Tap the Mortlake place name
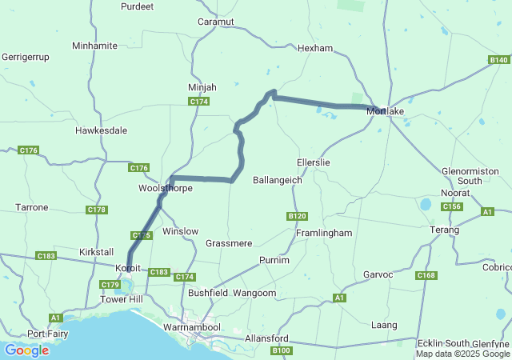(x=385, y=111)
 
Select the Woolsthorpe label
(x=166, y=188)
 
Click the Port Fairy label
(x=46, y=334)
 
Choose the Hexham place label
(x=314, y=48)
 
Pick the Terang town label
(x=445, y=230)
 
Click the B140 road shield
(x=498, y=60)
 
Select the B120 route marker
(x=297, y=216)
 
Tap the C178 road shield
(x=96, y=210)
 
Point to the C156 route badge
(x=452, y=206)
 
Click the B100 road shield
(x=281, y=350)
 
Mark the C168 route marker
(x=426, y=275)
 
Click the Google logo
(x=26, y=350)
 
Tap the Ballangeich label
(x=278, y=180)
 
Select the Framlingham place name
(x=324, y=233)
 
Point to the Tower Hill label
(x=120, y=299)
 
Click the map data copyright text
(x=462, y=354)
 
